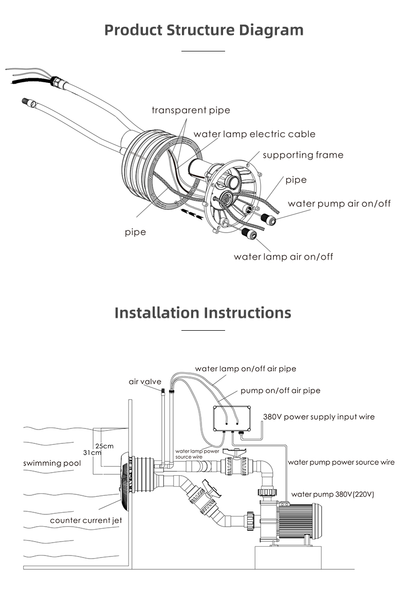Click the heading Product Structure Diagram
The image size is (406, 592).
[204, 29]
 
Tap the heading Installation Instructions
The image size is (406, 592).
[202, 312]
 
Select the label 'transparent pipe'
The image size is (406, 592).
[191, 110]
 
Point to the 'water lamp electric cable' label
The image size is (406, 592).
[254, 134]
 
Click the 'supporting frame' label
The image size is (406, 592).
[303, 155]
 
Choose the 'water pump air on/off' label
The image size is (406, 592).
[339, 204]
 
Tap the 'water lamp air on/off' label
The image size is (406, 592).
[283, 257]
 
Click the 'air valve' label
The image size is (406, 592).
[145, 382]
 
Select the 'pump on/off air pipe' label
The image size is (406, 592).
[280, 390]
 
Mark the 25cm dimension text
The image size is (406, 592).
[104, 445]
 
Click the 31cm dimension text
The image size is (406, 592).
[92, 453]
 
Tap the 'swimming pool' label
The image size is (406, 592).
[52, 463]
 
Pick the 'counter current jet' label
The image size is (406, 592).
[86, 521]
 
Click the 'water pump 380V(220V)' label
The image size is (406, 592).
[333, 494]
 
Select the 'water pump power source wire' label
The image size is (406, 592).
[341, 462]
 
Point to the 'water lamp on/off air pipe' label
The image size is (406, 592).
[245, 369]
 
